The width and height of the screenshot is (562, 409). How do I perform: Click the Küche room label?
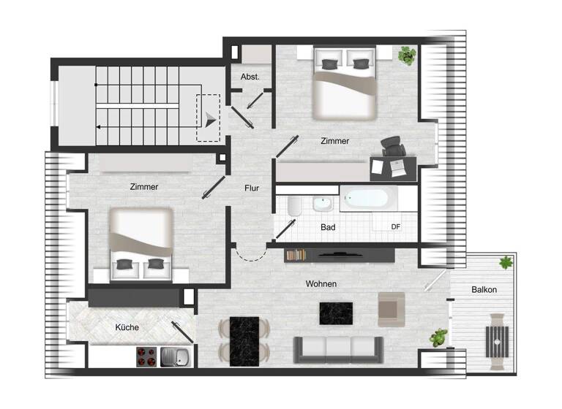click(127, 327)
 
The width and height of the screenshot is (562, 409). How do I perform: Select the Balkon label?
click(484, 290)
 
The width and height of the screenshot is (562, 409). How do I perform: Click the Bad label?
click(328, 227)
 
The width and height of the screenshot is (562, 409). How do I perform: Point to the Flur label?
click(252, 188)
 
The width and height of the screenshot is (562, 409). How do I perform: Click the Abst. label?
click(250, 76)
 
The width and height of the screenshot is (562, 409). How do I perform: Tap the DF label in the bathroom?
click(396, 226)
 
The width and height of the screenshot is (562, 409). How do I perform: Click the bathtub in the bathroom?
click(370, 198)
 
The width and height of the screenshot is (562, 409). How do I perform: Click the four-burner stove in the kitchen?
click(146, 356)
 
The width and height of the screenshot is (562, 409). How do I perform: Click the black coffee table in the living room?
click(336, 314)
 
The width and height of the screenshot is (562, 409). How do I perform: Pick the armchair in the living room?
click(391, 309)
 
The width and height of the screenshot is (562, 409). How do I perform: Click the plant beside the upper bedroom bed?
click(407, 55)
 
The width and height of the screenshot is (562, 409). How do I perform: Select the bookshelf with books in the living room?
click(296, 255)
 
